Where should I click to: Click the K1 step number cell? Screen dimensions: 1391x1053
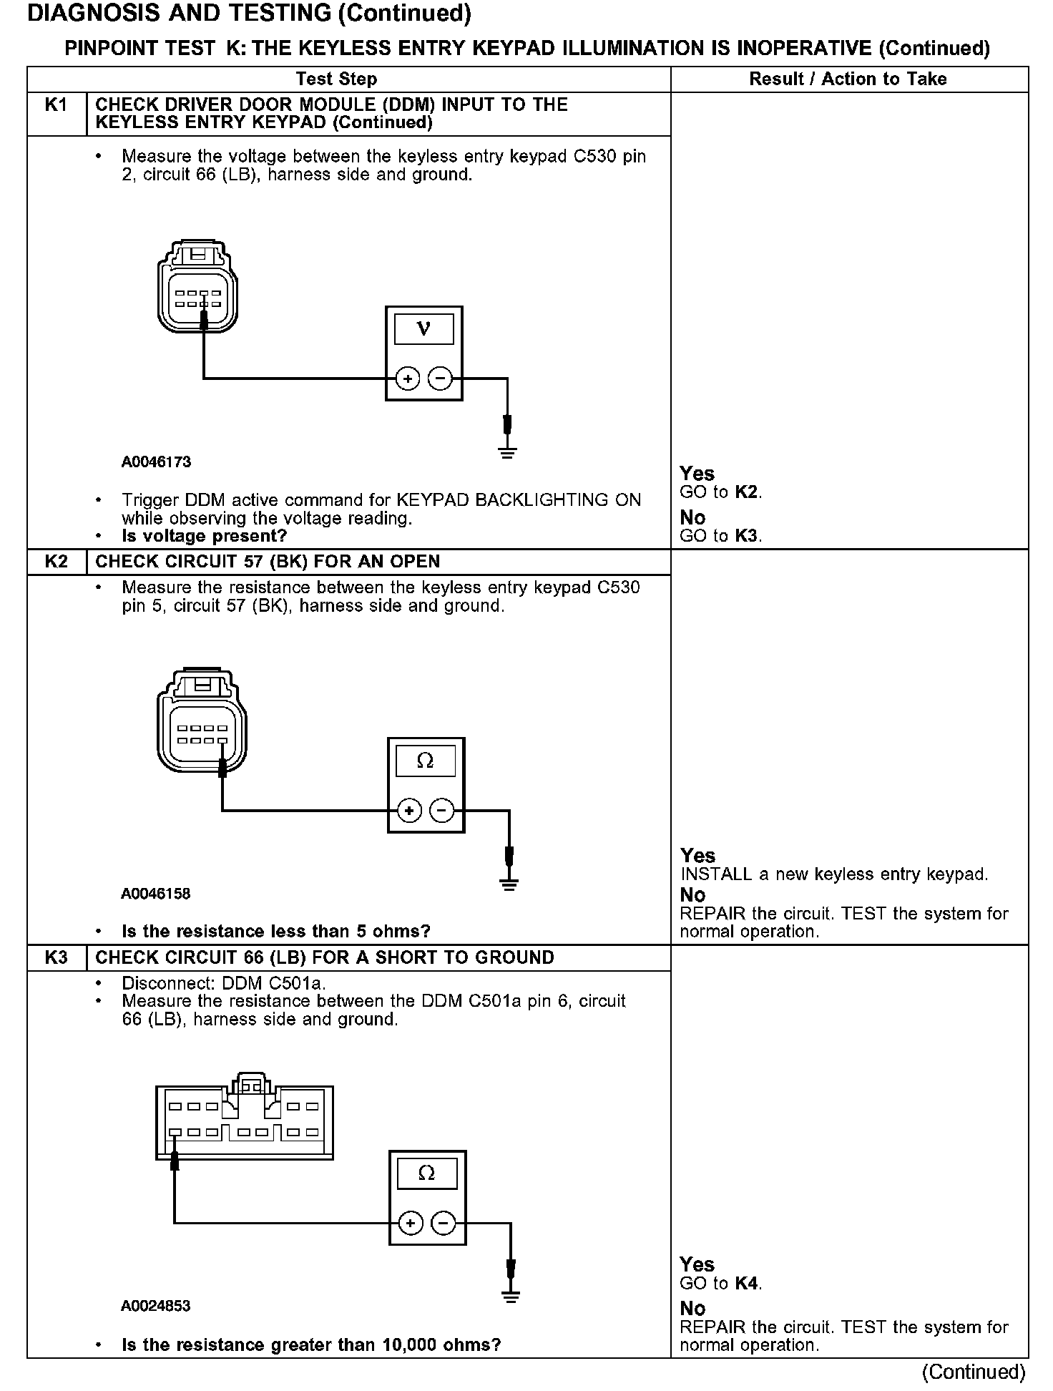click(56, 105)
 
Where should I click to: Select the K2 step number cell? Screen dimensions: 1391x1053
click(56, 562)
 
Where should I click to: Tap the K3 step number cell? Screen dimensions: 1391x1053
click(56, 957)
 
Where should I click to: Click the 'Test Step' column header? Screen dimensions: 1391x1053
click(336, 79)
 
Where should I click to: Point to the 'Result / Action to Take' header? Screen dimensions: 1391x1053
click(848, 79)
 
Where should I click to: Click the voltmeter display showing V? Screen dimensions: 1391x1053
click(423, 329)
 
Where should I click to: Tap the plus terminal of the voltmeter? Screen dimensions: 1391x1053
click(407, 379)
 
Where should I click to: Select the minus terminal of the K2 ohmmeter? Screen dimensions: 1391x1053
click(442, 811)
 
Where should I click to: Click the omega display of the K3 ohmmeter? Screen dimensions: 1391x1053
click(426, 1173)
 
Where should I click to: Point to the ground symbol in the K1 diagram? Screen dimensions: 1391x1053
click(507, 452)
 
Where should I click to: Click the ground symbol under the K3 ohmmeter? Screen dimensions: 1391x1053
click(510, 1294)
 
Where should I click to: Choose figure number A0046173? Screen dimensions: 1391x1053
click(156, 462)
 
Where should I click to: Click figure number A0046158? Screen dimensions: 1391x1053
click(156, 894)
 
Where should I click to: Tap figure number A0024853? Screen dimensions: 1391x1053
click(156, 1306)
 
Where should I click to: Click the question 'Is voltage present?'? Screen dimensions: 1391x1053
click(204, 536)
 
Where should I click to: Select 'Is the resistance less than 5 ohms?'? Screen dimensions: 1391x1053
click(276, 931)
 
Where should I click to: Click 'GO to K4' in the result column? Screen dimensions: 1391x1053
click(720, 1284)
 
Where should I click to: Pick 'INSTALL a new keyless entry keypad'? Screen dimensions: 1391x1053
click(833, 874)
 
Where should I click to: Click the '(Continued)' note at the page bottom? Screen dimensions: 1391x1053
click(974, 1372)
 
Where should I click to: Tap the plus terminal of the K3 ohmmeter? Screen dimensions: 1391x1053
click(410, 1224)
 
